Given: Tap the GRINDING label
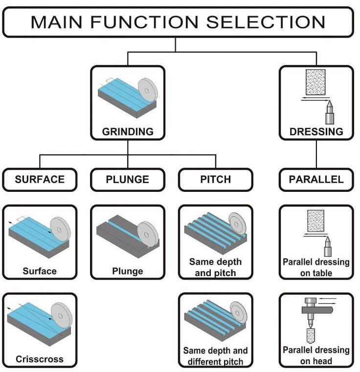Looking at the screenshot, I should tap(128, 132).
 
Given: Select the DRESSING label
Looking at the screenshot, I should tap(316, 132).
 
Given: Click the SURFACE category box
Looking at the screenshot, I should tap(40, 179).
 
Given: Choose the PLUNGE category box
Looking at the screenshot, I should tap(128, 179).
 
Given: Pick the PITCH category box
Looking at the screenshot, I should tap(215, 179).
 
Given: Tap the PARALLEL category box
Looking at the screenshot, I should tap(316, 179).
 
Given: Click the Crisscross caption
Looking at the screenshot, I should tap(40, 359).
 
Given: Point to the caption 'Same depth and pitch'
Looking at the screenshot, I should tap(215, 267).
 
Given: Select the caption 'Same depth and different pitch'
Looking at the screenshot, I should tap(215, 356).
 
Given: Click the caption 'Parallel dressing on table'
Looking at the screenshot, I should tap(316, 267).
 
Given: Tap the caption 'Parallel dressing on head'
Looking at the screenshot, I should tap(316, 355).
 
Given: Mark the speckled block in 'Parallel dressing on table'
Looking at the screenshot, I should tap(316, 220).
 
